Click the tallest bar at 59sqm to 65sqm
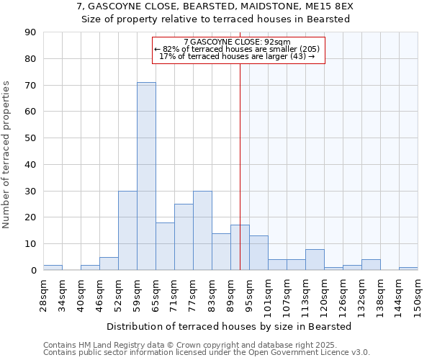click(146, 176)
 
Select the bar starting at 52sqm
click(127, 230)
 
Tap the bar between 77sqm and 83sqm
click(202, 230)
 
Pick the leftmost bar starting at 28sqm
click(53, 267)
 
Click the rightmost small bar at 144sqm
click(408, 269)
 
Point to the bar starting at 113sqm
click(315, 260)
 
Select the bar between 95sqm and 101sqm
click(258, 253)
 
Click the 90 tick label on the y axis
click(31, 32)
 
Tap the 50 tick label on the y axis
click(31, 138)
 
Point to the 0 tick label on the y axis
click(34, 270)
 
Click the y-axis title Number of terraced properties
click(7, 155)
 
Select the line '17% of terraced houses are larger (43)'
click(237, 56)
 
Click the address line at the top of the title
click(215, 6)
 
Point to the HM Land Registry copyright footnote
click(206, 345)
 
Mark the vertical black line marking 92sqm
click(240, 166)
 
